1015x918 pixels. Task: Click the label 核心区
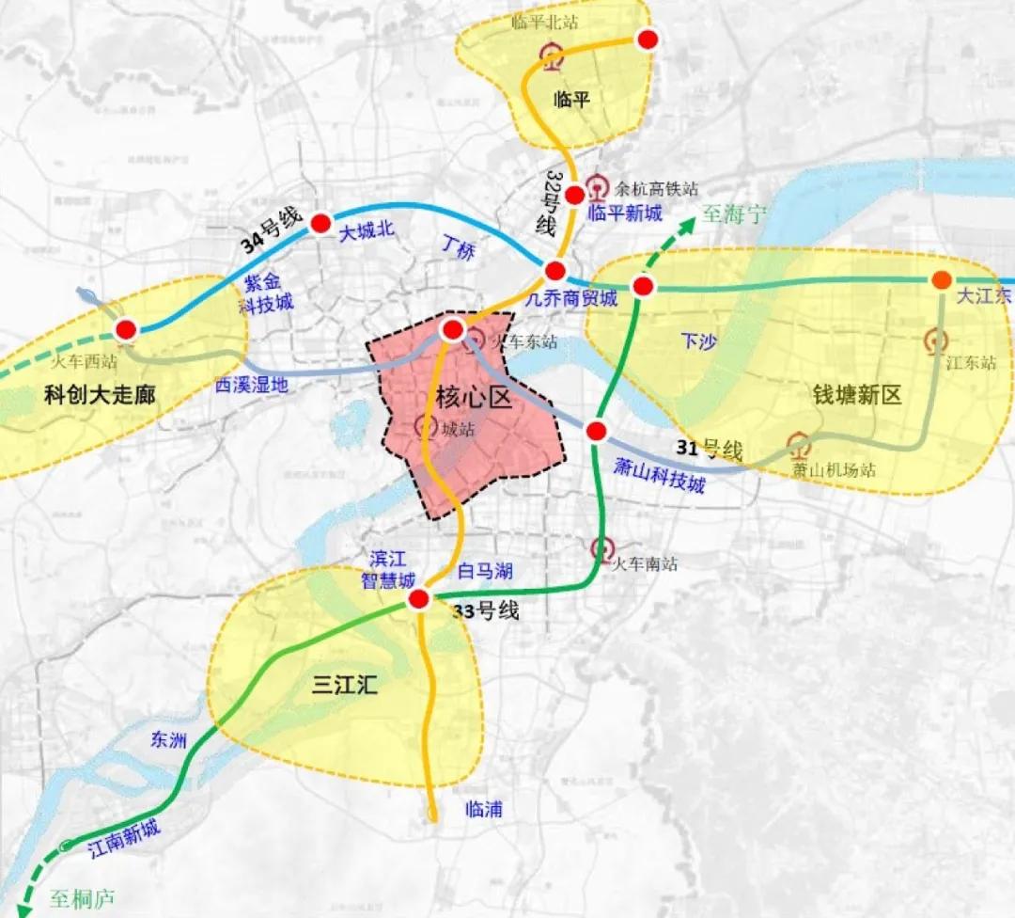[x=474, y=399]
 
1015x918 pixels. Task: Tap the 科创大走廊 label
[x=100, y=396]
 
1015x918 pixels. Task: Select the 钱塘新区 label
[x=857, y=395]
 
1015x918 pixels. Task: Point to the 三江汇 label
[x=344, y=685]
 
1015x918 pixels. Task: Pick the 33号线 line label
[x=486, y=611]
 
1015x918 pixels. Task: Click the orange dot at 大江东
[x=941, y=279]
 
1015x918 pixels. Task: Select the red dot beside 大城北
[x=320, y=223]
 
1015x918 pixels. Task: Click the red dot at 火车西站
[x=125, y=329]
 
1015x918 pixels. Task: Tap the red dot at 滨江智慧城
[x=419, y=599]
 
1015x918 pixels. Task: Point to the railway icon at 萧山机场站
[x=799, y=443]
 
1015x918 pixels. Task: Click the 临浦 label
[x=484, y=808]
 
